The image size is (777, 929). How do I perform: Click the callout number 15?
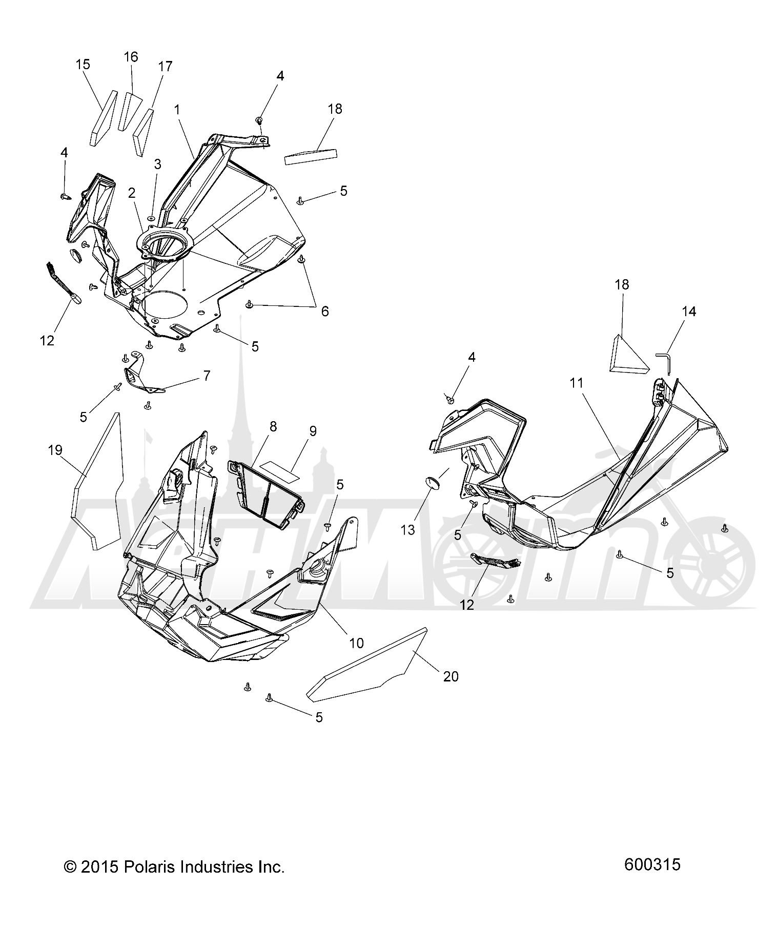click(83, 65)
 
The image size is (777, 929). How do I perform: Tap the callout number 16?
click(131, 57)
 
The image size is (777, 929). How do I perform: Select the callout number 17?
click(166, 67)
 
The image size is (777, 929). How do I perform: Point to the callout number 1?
click(177, 110)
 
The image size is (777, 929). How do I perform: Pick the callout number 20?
click(451, 677)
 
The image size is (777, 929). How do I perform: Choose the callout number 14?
click(689, 312)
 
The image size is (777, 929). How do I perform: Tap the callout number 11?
click(577, 383)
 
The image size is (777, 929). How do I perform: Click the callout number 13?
click(407, 530)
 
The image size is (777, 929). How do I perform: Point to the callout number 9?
click(312, 431)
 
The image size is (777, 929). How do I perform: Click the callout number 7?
click(207, 376)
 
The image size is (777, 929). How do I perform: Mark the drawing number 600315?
click(652, 864)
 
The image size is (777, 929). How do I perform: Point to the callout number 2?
click(132, 193)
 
